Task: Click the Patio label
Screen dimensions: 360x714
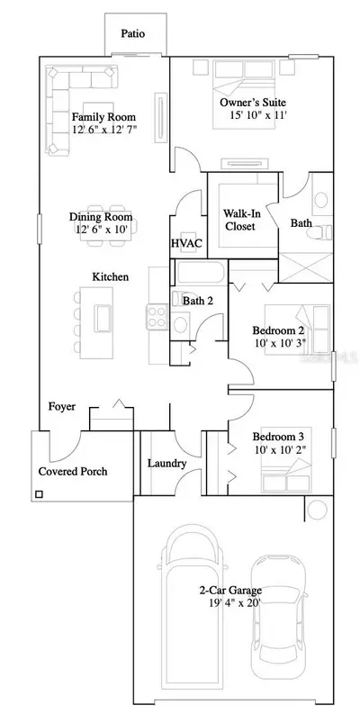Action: coord(133,33)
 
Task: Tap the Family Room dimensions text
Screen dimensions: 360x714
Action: coord(104,130)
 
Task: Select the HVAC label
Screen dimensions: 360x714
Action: coord(186,243)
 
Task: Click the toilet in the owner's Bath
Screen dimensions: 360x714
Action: coord(319,233)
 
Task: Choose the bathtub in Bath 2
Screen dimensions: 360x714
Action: coord(199,272)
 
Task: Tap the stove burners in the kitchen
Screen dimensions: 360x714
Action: coord(157,317)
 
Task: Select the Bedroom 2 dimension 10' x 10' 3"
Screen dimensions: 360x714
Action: coord(279,342)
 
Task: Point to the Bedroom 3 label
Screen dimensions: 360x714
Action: coord(278,437)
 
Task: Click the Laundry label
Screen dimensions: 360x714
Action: coord(167,464)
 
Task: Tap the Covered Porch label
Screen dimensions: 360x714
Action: coord(73,471)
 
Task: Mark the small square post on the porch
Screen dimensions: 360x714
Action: coord(39,494)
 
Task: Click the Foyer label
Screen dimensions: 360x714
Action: coord(62,407)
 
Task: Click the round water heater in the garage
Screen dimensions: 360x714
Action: coord(317,509)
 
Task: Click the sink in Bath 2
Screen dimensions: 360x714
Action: coord(181,325)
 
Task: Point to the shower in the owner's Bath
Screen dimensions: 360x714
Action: coord(306,267)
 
